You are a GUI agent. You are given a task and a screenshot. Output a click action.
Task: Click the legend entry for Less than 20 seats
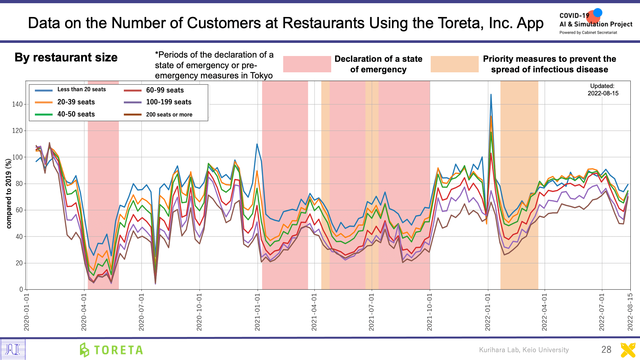click(81, 90)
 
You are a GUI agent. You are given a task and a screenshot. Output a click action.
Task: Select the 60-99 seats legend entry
click(165, 90)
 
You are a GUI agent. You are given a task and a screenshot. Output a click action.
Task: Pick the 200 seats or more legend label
click(169, 115)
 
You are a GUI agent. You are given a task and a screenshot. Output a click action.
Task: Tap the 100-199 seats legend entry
click(169, 102)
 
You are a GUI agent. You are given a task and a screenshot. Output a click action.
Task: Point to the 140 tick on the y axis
click(17, 104)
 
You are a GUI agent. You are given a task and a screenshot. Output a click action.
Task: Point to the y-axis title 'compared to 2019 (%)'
click(9, 194)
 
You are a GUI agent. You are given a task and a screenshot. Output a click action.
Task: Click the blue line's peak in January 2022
click(491, 94)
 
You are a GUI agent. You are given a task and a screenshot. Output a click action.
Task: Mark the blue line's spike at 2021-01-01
click(257, 144)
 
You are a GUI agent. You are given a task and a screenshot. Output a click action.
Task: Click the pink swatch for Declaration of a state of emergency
click(307, 64)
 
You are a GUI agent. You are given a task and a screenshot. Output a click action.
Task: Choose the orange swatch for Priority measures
click(454, 64)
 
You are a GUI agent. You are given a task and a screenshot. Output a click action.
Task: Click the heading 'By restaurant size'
click(66, 58)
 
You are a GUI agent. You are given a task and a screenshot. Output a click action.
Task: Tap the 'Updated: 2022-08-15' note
click(603, 90)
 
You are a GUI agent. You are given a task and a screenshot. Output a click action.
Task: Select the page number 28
click(606, 349)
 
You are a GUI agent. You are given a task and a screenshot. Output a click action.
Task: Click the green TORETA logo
click(111, 350)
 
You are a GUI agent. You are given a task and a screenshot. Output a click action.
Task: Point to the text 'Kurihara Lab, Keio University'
click(524, 350)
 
